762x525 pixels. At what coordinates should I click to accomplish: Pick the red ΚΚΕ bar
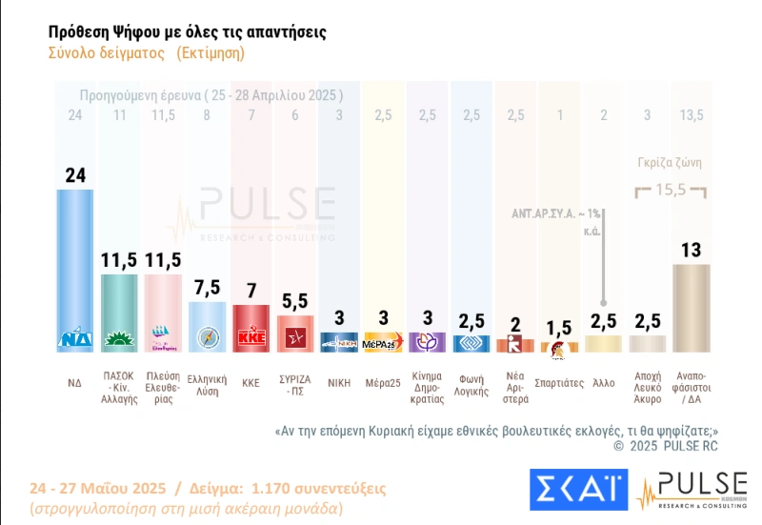click(x=251, y=328)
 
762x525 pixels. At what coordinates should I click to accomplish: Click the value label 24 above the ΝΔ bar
click(x=75, y=174)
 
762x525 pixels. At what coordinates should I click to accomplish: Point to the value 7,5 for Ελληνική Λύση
click(x=207, y=288)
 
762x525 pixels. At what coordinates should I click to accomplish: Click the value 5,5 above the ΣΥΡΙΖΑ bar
click(x=295, y=301)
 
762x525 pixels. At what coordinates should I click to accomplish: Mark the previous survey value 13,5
click(x=691, y=115)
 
